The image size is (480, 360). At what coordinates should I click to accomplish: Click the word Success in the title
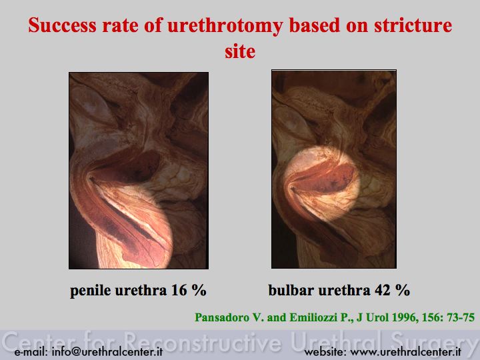tap(62, 25)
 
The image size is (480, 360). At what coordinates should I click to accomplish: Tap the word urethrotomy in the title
tap(225, 26)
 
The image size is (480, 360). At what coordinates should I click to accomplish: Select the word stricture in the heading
tap(413, 25)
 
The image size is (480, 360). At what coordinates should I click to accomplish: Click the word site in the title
tap(240, 51)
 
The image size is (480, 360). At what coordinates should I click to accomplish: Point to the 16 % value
tap(189, 290)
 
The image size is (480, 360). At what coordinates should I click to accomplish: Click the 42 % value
tap(392, 290)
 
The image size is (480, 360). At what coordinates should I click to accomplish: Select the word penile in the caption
tap(90, 291)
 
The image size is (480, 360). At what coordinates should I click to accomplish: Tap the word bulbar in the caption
tap(291, 290)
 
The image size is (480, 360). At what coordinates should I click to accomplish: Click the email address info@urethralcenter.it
tap(107, 352)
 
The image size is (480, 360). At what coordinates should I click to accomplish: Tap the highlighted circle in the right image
tap(321, 184)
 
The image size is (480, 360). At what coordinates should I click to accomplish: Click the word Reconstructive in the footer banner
tap(203, 341)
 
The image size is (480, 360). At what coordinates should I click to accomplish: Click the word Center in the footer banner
tap(41, 341)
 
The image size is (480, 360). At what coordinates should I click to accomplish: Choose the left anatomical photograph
tap(139, 171)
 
